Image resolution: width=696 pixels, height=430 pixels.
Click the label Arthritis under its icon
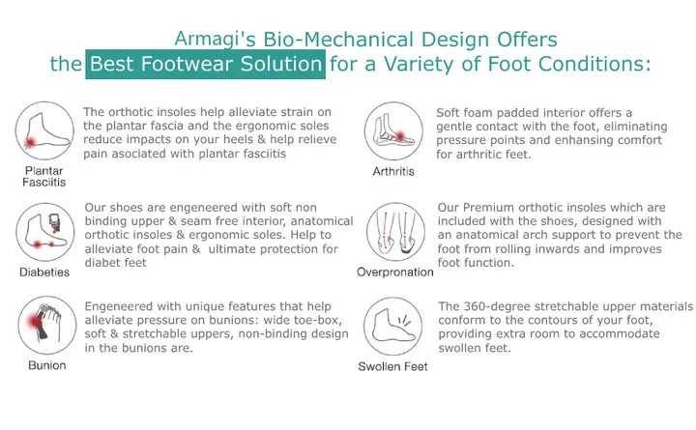pyautogui.click(x=393, y=172)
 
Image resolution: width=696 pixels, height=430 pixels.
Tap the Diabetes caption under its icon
pyautogui.click(x=43, y=272)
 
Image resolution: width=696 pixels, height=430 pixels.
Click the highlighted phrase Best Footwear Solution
pyautogui.click(x=204, y=65)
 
